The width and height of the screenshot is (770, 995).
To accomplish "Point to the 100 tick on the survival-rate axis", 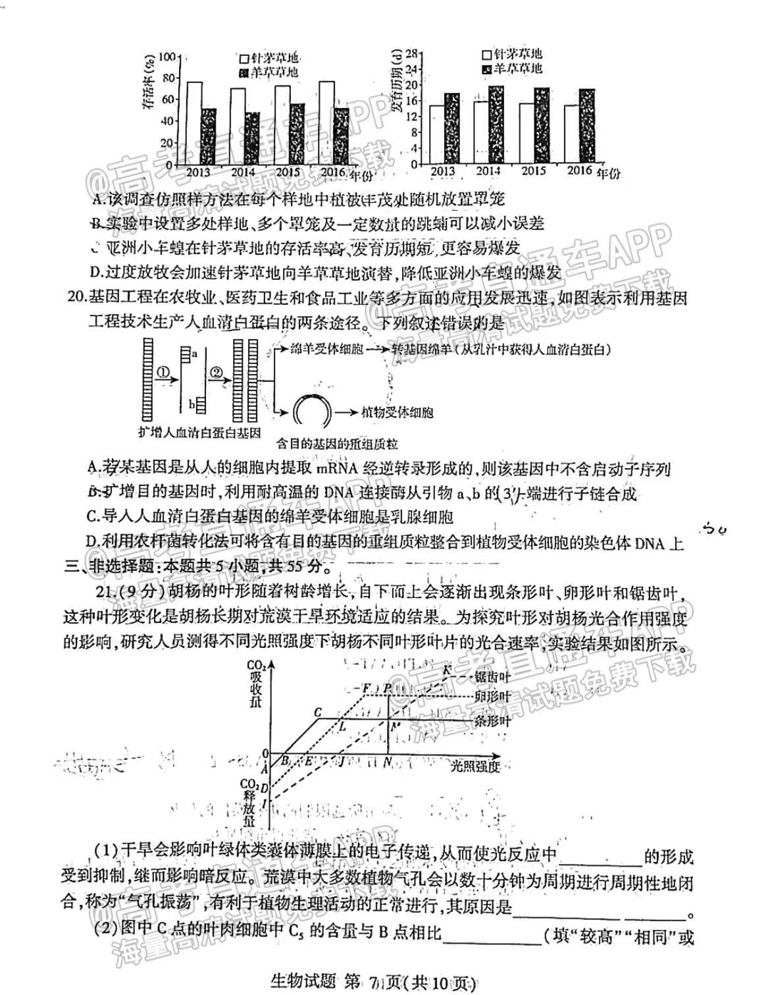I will click(167, 57).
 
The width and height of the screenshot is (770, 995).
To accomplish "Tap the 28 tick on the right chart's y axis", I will click(412, 53).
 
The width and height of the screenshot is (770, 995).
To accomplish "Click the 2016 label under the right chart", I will click(579, 171).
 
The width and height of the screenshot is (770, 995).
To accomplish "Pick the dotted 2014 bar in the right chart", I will click(496, 124).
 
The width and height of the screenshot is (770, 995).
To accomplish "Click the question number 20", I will click(77, 298).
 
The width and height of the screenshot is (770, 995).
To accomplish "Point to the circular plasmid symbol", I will click(309, 412).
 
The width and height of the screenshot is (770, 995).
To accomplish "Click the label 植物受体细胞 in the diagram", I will click(397, 413).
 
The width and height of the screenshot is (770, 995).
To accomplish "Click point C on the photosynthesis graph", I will click(318, 713).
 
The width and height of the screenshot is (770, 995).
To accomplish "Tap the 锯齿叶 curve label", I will click(492, 676).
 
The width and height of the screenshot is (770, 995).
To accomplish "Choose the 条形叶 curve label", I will click(492, 721).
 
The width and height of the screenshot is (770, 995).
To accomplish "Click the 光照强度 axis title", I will click(476, 766).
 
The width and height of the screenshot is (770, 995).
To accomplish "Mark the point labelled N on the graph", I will click(388, 763).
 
